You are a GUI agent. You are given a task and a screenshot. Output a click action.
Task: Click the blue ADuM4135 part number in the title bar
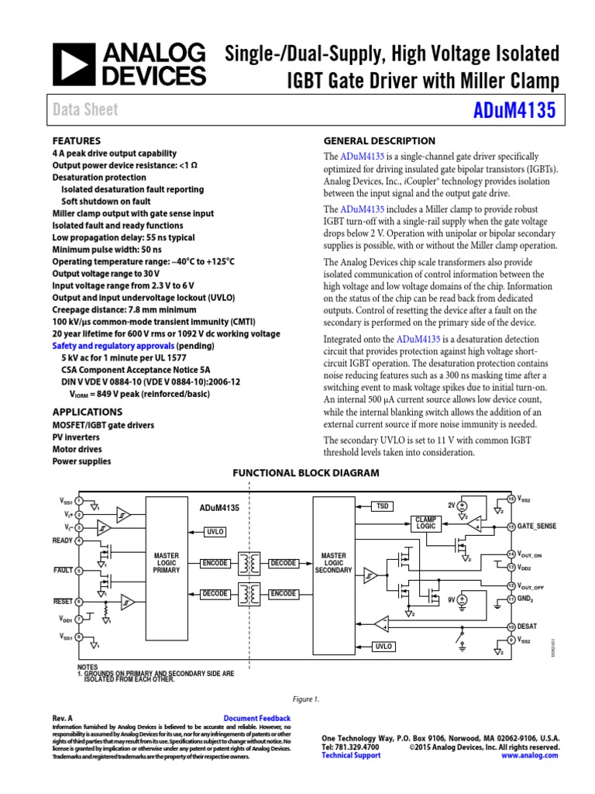514,111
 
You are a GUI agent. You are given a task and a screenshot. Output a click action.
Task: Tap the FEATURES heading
76,141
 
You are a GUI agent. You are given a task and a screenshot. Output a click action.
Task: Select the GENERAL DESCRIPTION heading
379,141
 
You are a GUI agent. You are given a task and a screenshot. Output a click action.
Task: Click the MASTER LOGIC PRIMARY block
166,563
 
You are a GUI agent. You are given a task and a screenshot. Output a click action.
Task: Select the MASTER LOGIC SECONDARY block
334,563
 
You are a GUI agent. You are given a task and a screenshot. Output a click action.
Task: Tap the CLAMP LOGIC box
426,523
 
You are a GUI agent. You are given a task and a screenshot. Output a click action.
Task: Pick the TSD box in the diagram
382,506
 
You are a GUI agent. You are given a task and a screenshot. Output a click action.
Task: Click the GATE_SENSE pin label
536,526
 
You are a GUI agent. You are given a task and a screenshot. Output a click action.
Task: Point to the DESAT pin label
528,626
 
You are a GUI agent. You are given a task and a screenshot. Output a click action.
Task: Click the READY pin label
63,540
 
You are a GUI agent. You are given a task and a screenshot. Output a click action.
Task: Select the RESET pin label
63,601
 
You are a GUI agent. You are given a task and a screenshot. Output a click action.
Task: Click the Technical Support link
351,755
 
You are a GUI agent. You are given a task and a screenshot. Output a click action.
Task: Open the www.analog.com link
530,755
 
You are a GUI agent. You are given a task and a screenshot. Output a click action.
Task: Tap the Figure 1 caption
306,699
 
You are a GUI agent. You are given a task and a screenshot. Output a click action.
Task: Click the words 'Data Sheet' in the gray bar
85,110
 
